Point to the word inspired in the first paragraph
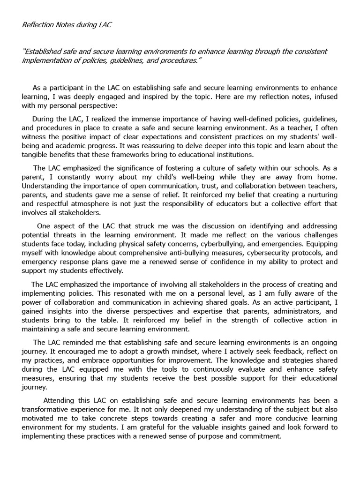[x=176, y=97]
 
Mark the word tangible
[x=37, y=155]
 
